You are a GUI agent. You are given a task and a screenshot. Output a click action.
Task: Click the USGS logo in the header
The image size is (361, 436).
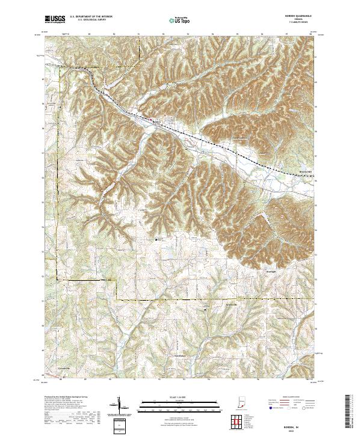(55, 19)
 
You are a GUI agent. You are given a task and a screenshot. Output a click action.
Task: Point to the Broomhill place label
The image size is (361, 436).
(306, 171)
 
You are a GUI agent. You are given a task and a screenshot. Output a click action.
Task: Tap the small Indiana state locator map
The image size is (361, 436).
(241, 404)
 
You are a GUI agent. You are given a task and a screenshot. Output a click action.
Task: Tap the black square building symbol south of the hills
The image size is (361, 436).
(158, 239)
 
